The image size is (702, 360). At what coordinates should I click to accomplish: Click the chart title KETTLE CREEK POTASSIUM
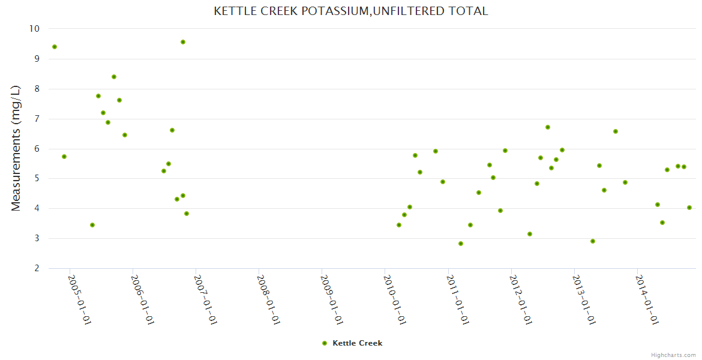350,11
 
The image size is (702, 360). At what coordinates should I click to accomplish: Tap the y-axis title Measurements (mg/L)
16,148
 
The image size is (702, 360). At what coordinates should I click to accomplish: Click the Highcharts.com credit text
673,355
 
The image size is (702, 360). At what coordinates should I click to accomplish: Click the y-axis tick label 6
37,149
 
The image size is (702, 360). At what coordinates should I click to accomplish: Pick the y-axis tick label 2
37,269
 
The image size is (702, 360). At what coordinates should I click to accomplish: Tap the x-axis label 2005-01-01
79,300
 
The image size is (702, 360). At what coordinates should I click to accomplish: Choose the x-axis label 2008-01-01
268,300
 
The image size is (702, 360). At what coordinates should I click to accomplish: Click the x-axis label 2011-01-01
457,300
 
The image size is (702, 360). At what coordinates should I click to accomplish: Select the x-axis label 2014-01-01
647,300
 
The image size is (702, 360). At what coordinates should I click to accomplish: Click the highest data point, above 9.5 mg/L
183,42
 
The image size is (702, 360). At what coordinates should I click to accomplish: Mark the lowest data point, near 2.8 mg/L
461,244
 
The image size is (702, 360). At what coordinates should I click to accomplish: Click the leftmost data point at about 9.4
55,47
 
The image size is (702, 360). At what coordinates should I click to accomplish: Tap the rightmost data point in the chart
689,208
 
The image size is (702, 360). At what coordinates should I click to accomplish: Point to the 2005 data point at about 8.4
114,77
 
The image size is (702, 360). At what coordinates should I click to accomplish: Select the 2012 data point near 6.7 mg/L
548,127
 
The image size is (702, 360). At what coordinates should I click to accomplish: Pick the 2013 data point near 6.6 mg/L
616,131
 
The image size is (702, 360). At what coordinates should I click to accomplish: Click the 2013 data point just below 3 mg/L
593,241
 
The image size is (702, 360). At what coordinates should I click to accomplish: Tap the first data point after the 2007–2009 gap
399,225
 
